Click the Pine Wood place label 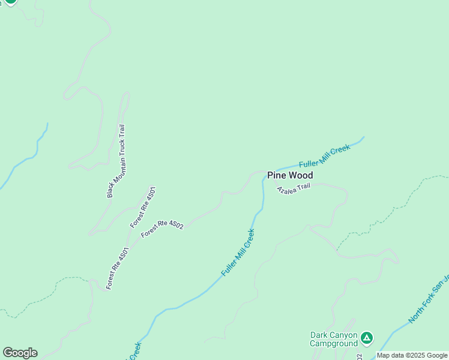pyautogui.click(x=290, y=175)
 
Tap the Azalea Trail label pyautogui.click(x=294, y=188)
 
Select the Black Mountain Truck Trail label pyautogui.click(x=116, y=161)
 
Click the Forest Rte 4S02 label pyautogui.click(x=161, y=229)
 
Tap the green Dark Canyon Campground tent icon pyautogui.click(x=367, y=339)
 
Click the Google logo pyautogui.click(x=20, y=353)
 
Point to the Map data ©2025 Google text pyautogui.click(x=412, y=355)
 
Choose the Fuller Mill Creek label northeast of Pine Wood pyautogui.click(x=324, y=156)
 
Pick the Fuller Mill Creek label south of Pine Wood pyautogui.click(x=238, y=252)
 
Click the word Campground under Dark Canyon pyautogui.click(x=333, y=344)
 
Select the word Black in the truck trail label pyautogui.click(x=110, y=190)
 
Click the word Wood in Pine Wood pyautogui.click(x=301, y=175)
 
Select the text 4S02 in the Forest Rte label pyautogui.click(x=175, y=225)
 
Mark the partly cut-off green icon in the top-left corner pyautogui.click(x=10, y=2)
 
